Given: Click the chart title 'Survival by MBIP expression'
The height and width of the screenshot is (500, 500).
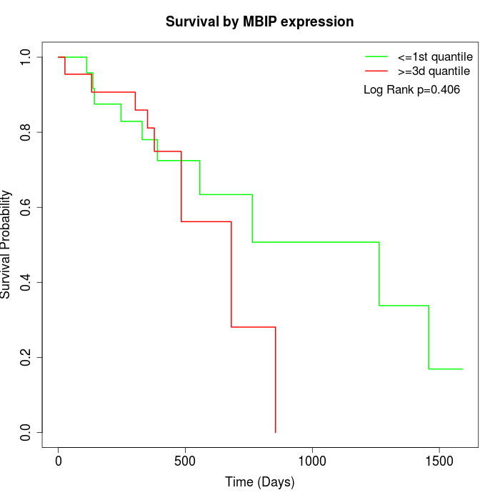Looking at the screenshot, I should (259, 21).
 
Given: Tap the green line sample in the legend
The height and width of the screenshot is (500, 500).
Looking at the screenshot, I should (376, 56).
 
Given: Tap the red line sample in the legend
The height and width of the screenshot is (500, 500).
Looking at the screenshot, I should (376, 71).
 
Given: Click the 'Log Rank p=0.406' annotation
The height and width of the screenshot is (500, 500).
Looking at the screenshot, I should (411, 90).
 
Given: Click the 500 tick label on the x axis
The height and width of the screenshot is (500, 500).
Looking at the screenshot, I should (185, 461).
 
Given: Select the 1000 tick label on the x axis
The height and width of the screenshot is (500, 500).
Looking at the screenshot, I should (312, 461).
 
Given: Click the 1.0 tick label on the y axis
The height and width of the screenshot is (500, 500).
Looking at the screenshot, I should (26, 57).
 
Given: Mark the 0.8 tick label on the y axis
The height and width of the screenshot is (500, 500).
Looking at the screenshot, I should (26, 132).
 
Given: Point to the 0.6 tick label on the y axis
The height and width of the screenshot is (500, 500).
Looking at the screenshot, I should (26, 207).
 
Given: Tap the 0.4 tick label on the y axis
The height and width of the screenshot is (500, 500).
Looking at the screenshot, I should (26, 282).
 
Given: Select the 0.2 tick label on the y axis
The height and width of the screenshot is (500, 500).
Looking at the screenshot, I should (26, 357).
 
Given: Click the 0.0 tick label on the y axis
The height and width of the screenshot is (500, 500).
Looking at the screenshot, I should (26, 432).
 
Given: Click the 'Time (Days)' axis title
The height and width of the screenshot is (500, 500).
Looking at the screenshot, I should (259, 482).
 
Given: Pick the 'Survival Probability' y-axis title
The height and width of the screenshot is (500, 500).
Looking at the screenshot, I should (7, 244).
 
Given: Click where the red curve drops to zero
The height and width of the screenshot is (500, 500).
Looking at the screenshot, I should (275, 431).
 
